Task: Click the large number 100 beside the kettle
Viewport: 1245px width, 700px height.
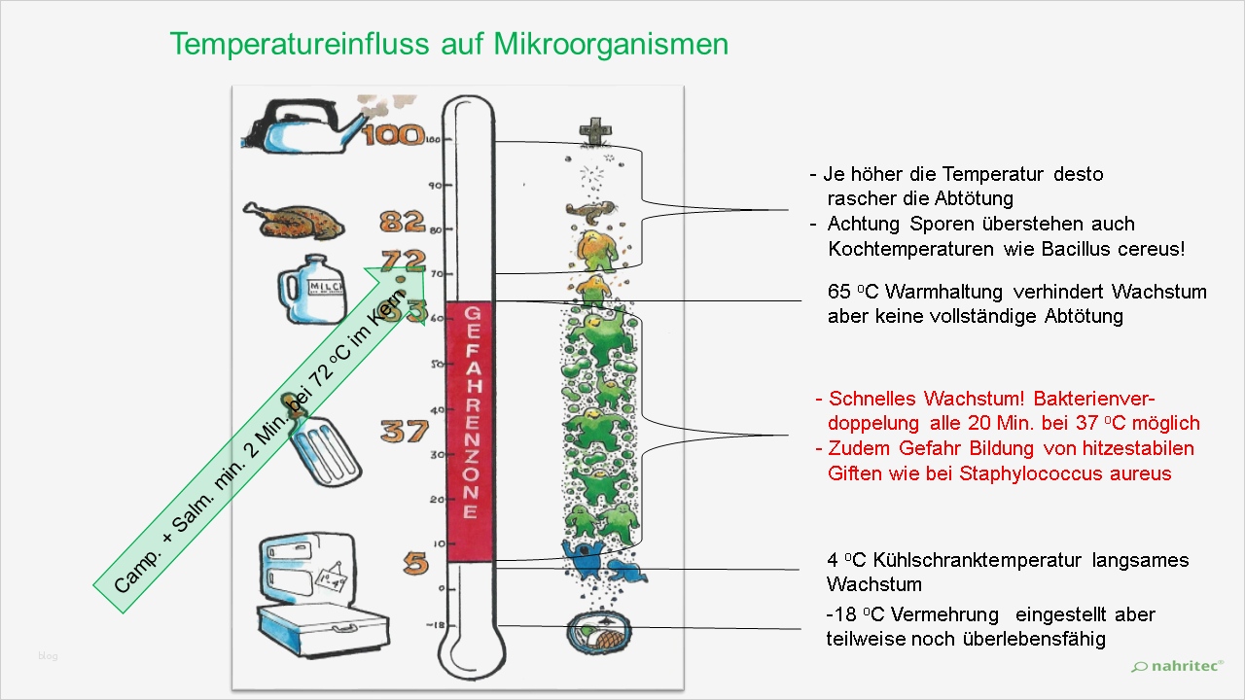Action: coord(393,135)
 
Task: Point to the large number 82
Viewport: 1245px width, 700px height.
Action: coord(403,222)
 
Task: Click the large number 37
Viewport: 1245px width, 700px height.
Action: coord(404,430)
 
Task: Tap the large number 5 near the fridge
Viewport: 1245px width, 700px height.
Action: coord(415,563)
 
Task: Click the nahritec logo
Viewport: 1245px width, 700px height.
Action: coord(1177,666)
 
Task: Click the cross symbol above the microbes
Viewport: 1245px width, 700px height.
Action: coord(590,131)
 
